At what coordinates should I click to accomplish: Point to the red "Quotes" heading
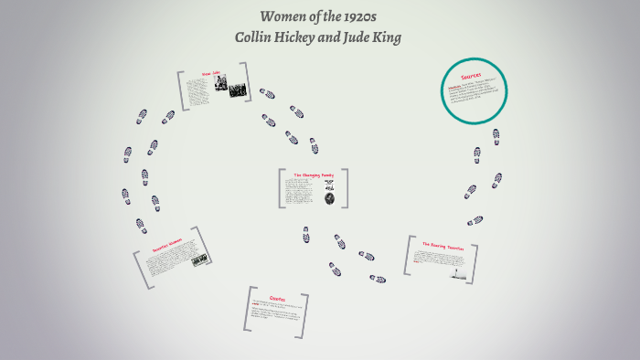pyautogui.click(x=278, y=298)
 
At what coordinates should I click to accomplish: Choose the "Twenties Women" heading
pyautogui.click(x=168, y=245)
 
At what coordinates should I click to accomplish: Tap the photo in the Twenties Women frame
pyautogui.click(x=199, y=259)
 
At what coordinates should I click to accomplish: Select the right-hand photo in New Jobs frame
pyautogui.click(x=238, y=90)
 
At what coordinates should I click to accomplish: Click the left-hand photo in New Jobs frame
pyautogui.click(x=220, y=85)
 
